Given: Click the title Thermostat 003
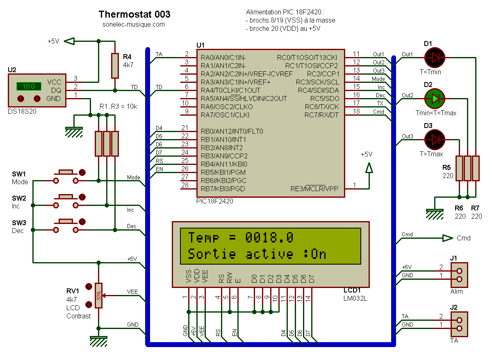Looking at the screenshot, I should [x=134, y=15].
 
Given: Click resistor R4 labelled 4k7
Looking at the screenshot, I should [x=115, y=66].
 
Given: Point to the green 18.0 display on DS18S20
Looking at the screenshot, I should [x=29, y=86].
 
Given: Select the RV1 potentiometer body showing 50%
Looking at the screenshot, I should [x=98, y=295].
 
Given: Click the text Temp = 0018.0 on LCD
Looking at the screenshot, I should [x=241, y=238].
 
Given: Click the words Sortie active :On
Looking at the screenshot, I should [x=257, y=254].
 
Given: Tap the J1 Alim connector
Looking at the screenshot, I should [x=459, y=275].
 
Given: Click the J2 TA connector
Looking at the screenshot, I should [x=459, y=324].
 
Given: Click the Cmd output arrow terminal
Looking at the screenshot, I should [x=447, y=238].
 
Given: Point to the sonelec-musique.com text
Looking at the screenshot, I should [x=134, y=25].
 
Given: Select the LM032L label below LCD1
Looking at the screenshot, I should [x=355, y=298].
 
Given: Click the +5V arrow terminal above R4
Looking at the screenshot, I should [x=71, y=41].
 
